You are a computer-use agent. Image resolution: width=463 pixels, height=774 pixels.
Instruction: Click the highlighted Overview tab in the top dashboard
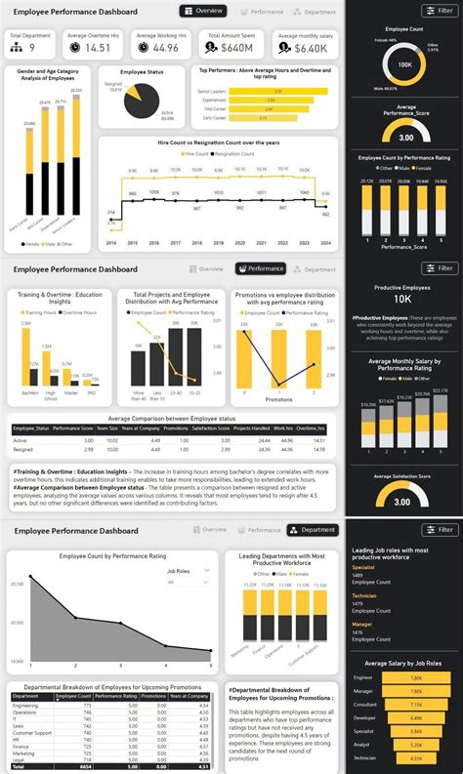tap(203, 11)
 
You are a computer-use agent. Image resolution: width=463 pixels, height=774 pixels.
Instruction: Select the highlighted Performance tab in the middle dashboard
tap(261, 268)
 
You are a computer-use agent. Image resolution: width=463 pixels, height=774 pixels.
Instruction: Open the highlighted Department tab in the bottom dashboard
tap(313, 530)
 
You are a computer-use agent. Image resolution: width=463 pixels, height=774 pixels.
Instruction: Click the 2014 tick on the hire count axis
tap(110, 243)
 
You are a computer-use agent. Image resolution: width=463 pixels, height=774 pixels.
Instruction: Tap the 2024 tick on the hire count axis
tap(325, 243)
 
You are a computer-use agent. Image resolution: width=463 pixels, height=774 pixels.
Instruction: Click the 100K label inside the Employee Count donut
tap(403, 63)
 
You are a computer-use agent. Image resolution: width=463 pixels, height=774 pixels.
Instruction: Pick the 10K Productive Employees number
tap(403, 299)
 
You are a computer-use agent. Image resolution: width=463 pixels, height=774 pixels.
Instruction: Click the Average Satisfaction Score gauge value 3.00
tap(403, 502)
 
